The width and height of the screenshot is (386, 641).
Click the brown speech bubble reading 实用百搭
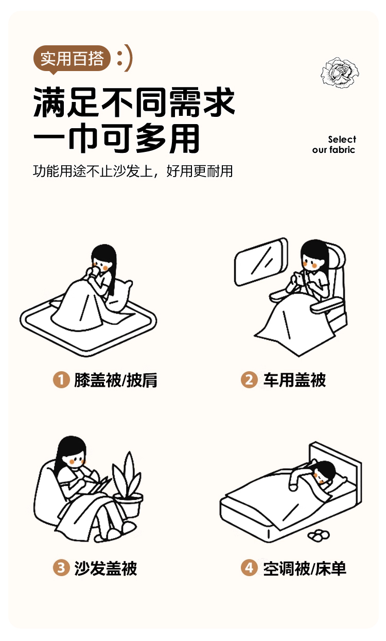(72, 59)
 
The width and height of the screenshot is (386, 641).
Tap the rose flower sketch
(340, 73)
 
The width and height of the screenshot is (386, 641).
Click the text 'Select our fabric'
(334, 145)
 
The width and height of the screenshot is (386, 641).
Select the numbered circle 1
(61, 380)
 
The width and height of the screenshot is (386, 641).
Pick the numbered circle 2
(249, 380)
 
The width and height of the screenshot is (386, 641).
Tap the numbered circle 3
(61, 568)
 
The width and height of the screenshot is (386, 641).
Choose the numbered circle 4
(249, 568)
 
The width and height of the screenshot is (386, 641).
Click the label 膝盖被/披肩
(116, 380)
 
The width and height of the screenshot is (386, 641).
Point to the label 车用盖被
(294, 380)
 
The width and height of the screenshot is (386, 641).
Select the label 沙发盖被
(106, 568)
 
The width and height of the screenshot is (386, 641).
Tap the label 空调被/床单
(305, 568)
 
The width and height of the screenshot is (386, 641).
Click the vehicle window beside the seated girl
(260, 262)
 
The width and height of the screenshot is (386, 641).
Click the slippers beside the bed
(319, 535)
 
